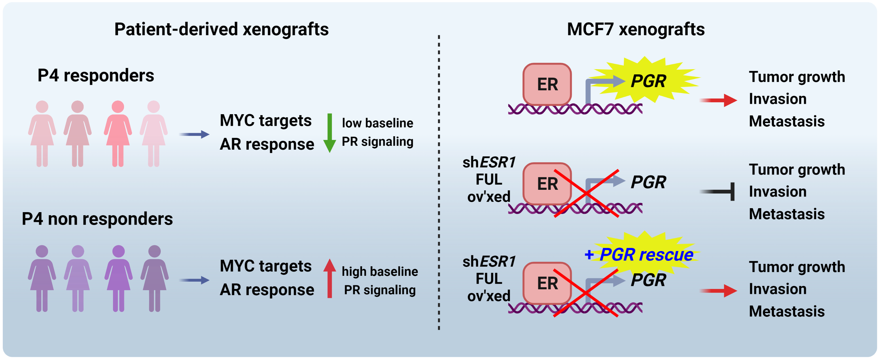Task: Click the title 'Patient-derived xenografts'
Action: tap(221, 29)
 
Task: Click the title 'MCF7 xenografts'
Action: tap(635, 29)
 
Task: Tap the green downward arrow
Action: tap(330, 133)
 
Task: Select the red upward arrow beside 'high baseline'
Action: tap(330, 278)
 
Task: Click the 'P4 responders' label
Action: tap(96, 75)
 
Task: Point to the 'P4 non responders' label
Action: tap(97, 219)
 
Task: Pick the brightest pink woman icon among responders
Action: tap(118, 133)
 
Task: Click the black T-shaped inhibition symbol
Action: tap(718, 191)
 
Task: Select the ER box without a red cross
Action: tap(547, 84)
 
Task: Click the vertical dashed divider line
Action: tap(439, 181)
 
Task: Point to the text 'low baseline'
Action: tap(378, 123)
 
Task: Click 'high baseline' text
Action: tap(380, 272)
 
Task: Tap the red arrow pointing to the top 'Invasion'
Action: tap(718, 100)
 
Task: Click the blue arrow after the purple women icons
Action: tap(194, 280)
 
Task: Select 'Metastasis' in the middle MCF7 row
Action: tap(787, 214)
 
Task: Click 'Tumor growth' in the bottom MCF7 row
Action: tap(797, 267)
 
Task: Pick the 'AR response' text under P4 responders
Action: tap(267, 144)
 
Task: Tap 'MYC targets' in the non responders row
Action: tap(265, 266)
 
